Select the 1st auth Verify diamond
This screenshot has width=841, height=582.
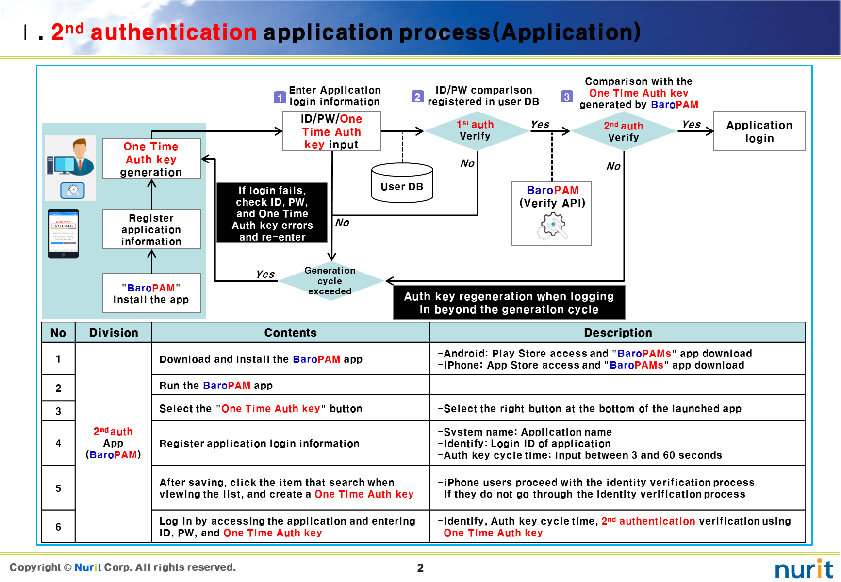click(x=476, y=130)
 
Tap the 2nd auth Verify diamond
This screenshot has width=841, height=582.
click(x=624, y=131)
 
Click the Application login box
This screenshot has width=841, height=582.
click(x=759, y=131)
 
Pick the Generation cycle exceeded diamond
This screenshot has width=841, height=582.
click(x=330, y=281)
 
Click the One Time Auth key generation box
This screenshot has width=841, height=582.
click(x=151, y=159)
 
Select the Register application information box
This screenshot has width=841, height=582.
click(x=151, y=229)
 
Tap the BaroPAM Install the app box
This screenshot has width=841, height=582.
click(x=151, y=293)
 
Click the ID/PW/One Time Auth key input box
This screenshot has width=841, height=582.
click(x=332, y=131)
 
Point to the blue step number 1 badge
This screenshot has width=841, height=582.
click(x=280, y=97)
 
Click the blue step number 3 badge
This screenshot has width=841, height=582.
click(x=566, y=97)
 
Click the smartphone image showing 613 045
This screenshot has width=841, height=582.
click(x=63, y=233)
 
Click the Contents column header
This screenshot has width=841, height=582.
click(x=290, y=333)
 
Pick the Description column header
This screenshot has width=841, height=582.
click(x=617, y=333)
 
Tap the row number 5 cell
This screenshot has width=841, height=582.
click(x=58, y=488)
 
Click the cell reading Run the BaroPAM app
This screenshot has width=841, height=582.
click(x=290, y=386)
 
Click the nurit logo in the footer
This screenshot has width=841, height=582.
click(x=804, y=569)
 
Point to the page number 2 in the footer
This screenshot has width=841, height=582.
click(x=420, y=568)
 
